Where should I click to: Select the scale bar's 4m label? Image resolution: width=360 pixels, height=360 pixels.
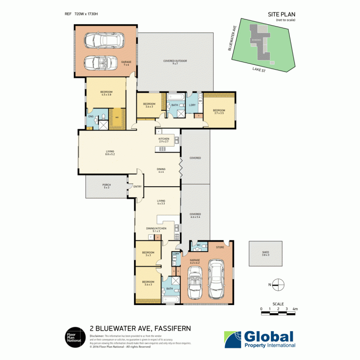(295, 309)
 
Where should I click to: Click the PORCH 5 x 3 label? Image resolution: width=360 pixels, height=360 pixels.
(107, 186)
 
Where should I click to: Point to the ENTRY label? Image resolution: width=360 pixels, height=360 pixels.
(137, 186)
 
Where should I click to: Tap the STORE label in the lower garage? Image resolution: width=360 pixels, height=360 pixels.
(220, 247)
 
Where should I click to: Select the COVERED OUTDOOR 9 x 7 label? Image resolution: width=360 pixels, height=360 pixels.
(175, 62)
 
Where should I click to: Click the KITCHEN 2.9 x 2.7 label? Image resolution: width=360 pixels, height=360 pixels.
(163, 140)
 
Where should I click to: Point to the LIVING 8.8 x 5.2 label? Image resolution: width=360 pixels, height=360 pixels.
(110, 153)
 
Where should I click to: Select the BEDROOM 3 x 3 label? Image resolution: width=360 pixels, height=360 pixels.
(148, 253)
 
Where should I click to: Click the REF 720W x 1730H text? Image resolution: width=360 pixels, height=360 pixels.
(81, 14)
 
